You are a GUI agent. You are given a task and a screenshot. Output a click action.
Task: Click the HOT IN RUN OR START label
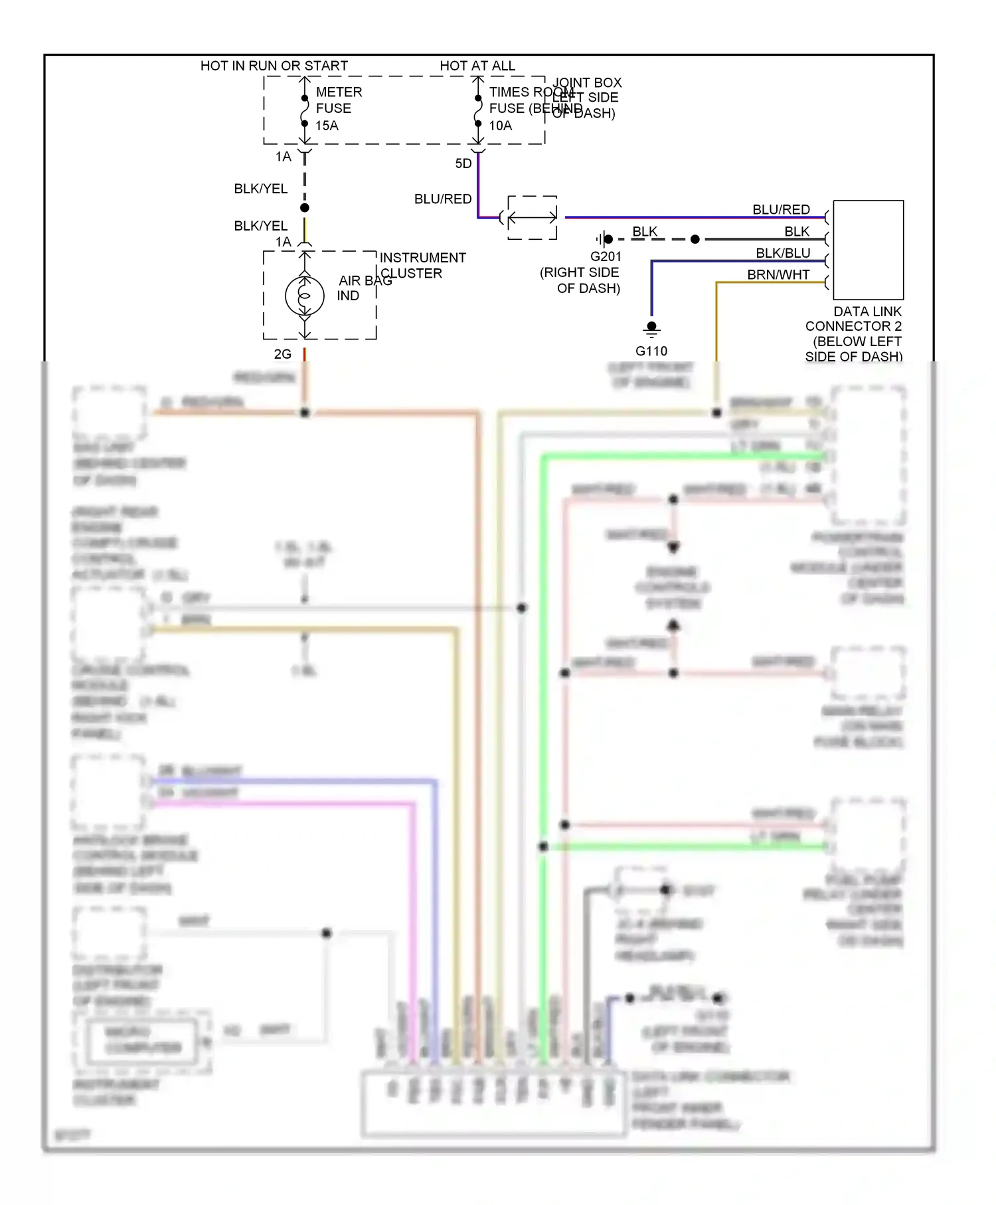coord(274,66)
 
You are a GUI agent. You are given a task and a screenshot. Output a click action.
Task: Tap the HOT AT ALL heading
coord(477,66)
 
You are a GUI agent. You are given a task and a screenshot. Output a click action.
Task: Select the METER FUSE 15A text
coord(338,108)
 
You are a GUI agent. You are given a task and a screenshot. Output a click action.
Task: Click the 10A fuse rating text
coord(501,126)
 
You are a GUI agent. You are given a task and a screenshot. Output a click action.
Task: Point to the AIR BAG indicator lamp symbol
coord(304,296)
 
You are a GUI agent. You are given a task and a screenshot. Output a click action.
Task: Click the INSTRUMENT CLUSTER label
coord(422,265)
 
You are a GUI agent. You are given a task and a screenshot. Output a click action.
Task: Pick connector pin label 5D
coord(463,163)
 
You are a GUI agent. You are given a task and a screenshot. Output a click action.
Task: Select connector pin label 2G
coord(282,354)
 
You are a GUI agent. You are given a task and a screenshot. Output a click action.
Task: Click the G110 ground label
coord(651,351)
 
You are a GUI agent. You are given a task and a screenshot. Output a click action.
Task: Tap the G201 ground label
coord(606,256)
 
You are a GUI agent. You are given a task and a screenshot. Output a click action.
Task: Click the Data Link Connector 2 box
coord(868,250)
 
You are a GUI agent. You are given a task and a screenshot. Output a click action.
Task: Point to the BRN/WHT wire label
coord(778,274)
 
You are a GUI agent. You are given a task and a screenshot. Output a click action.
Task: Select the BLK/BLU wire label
coord(782,253)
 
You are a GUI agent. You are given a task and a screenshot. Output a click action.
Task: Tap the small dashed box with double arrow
coord(532,217)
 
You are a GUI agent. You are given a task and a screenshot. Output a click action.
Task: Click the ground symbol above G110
coord(651,328)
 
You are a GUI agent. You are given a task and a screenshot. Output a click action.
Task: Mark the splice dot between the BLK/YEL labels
coord(304,208)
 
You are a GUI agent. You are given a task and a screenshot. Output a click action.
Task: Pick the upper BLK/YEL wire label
coord(260,189)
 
